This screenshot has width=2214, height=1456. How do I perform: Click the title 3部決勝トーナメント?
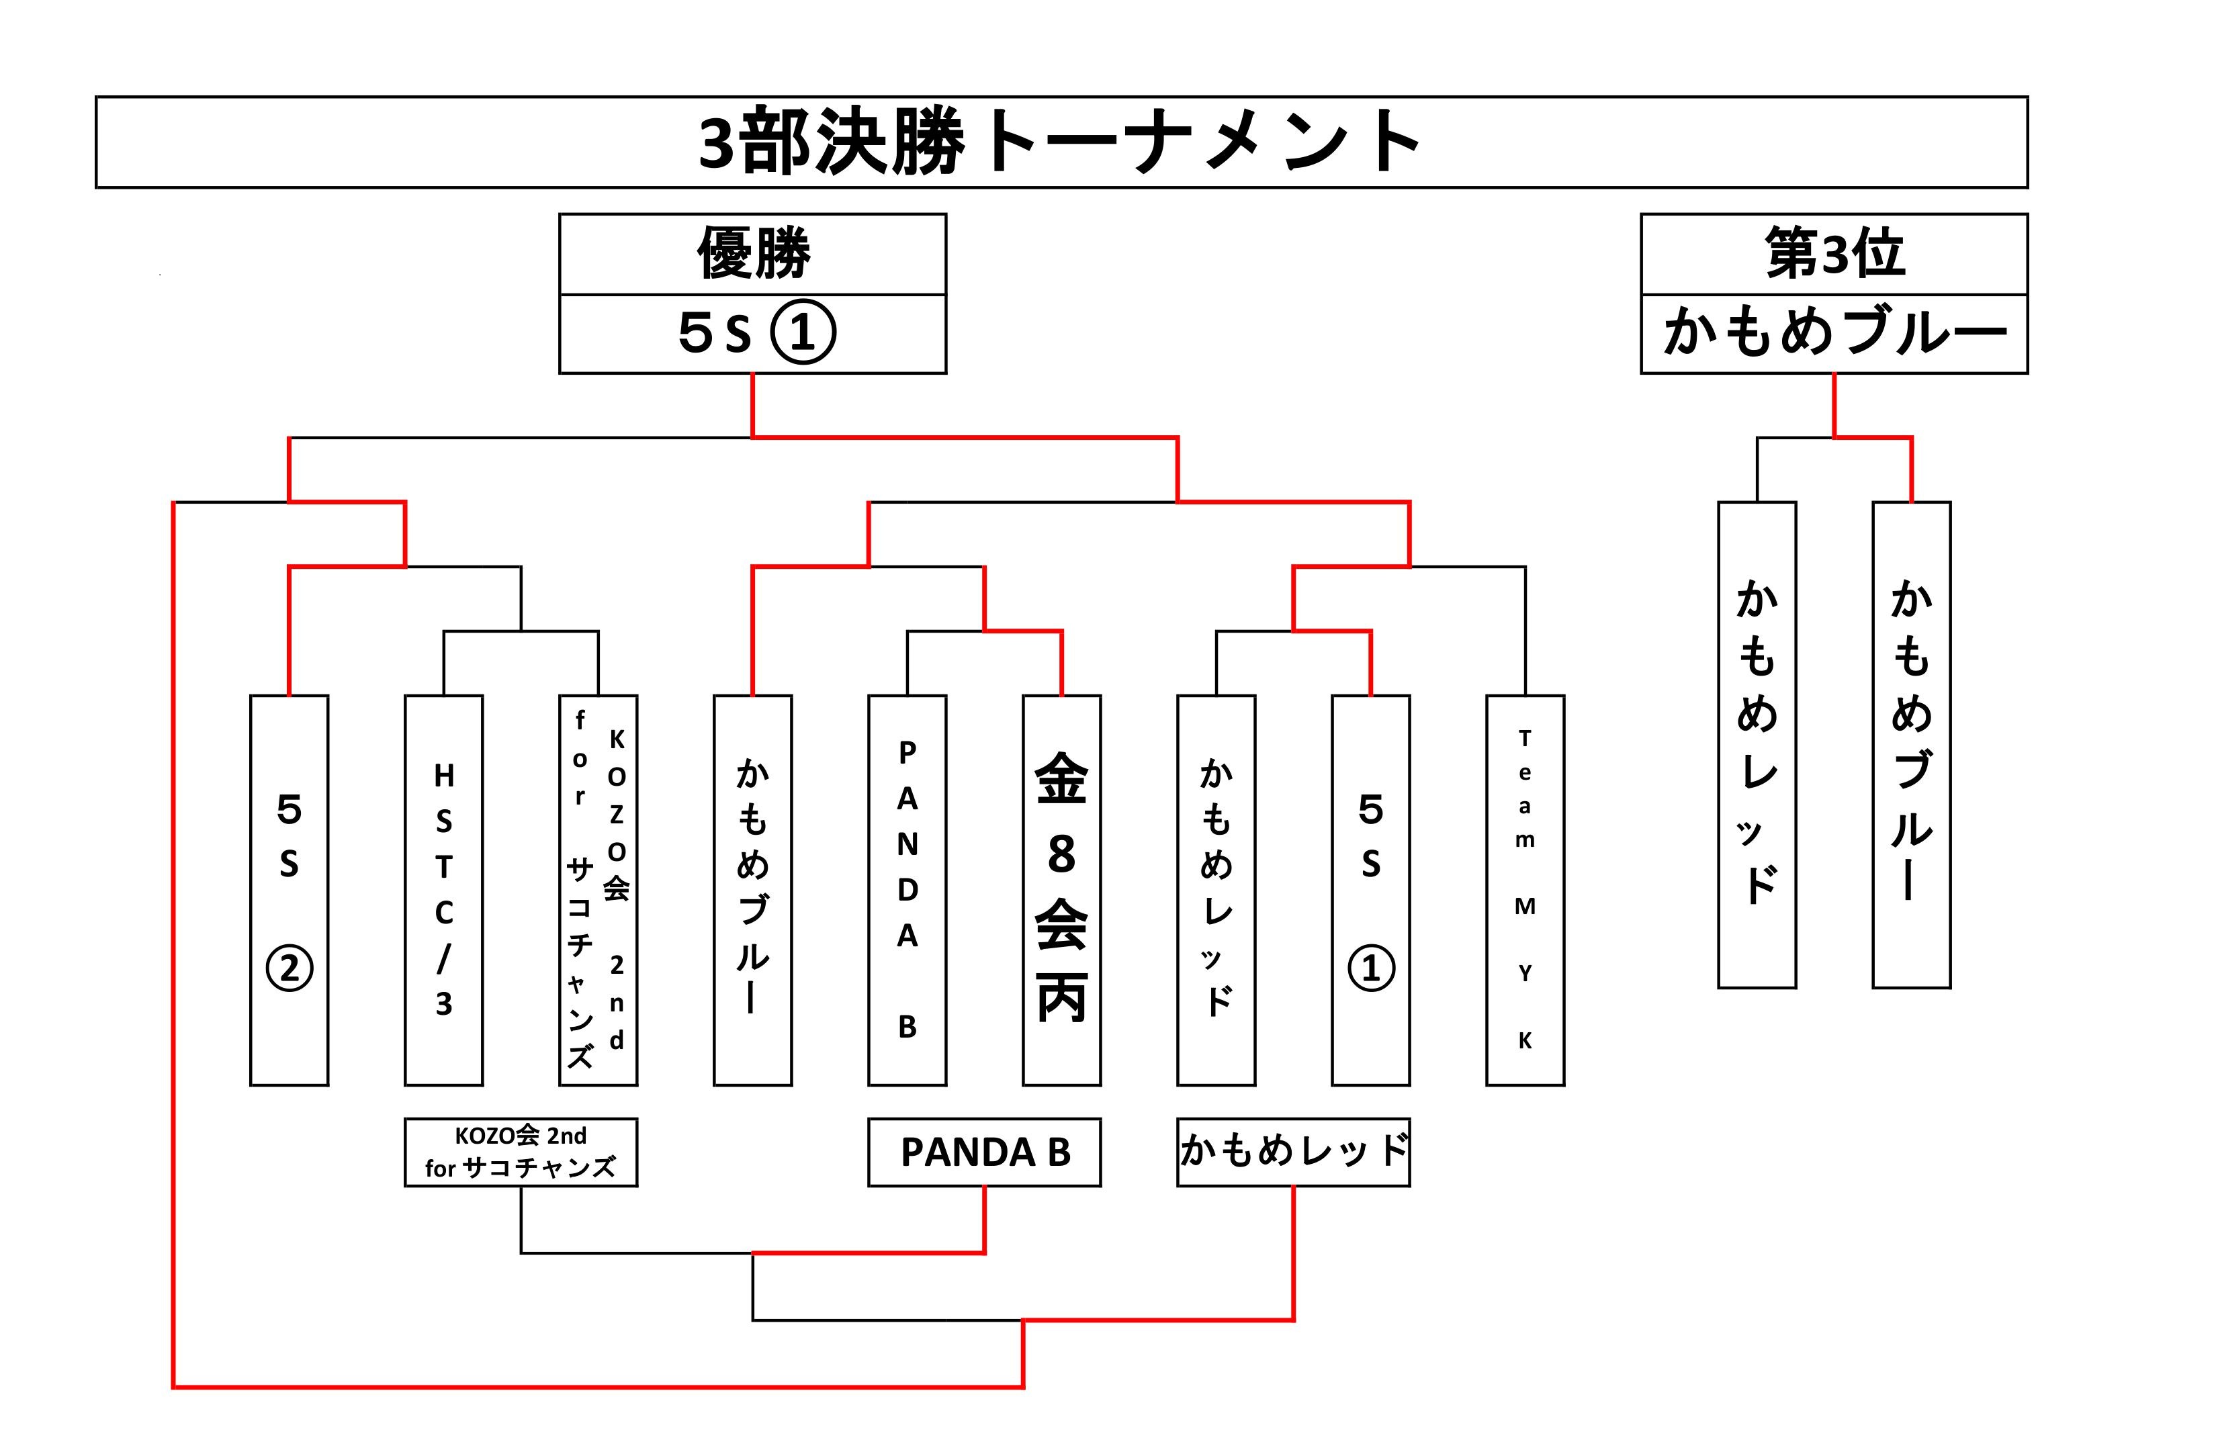(1059, 142)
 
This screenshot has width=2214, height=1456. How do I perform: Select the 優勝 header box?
(752, 254)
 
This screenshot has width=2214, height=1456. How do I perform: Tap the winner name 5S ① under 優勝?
(756, 333)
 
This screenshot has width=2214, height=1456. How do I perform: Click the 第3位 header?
(1834, 254)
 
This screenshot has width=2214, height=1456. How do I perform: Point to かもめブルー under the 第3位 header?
(1834, 333)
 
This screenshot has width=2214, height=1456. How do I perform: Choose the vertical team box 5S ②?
(290, 891)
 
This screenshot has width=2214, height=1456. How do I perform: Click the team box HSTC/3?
(444, 891)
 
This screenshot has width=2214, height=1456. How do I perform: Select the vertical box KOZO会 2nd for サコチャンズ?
(598, 891)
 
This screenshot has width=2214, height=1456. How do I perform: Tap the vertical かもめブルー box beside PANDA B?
(752, 891)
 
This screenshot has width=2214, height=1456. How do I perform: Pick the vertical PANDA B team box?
(907, 891)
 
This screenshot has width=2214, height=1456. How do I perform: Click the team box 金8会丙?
(1061, 891)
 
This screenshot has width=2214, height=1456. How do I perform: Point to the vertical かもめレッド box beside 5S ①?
(1216, 891)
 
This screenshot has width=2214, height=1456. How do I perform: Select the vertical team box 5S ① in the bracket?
(1370, 891)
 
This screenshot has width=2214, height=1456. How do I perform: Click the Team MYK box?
(1525, 891)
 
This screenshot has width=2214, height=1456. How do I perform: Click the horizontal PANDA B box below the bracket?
(984, 1152)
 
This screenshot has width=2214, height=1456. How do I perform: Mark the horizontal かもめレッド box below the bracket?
(1293, 1152)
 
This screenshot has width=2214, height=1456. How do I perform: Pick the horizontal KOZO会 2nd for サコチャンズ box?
(521, 1152)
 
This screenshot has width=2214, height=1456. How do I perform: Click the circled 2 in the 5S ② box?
(290, 969)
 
